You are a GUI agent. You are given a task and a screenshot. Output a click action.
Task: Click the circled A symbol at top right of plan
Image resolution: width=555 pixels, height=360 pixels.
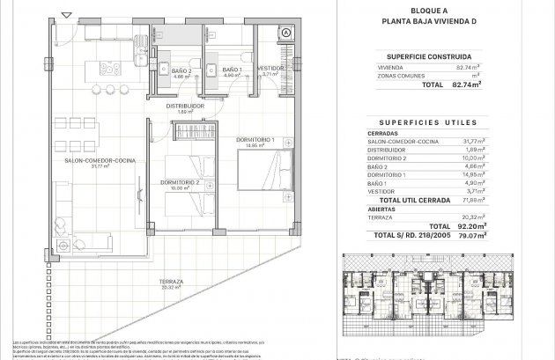click(x=285, y=33)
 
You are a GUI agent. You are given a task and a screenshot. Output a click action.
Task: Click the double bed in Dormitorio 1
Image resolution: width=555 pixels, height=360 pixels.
click(x=270, y=179)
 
